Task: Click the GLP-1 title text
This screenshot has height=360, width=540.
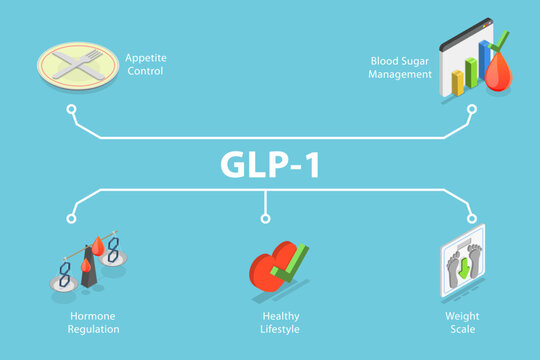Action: click(270, 164)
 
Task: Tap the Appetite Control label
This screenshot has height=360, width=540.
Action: click(145, 64)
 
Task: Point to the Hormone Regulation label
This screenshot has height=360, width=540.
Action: click(92, 322)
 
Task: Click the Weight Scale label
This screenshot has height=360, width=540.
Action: click(461, 322)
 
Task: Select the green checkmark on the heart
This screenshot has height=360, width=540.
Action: click(288, 263)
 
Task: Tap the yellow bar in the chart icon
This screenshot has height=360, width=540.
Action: click(458, 83)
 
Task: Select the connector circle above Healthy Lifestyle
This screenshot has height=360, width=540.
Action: click(265, 217)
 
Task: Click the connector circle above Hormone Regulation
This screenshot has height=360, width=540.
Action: click(72, 217)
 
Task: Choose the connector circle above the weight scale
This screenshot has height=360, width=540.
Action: click(471, 217)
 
